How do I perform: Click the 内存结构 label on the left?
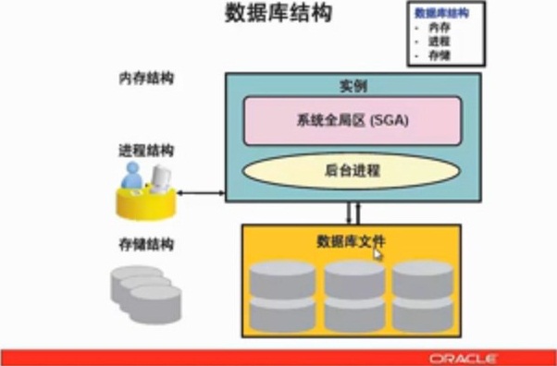point(146,79)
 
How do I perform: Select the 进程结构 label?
point(146,150)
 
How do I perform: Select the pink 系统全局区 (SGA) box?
point(353,120)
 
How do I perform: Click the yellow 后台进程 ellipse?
point(353,171)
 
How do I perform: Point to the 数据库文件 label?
point(351,241)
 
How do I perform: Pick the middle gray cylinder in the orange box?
point(353,296)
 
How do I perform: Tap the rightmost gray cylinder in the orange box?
point(422,296)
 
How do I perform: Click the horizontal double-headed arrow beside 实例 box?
point(203,193)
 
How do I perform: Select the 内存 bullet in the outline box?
point(441,30)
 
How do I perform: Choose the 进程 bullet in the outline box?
point(441,43)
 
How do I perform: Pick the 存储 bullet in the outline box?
point(441,55)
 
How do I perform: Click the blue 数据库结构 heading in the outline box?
point(441,14)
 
